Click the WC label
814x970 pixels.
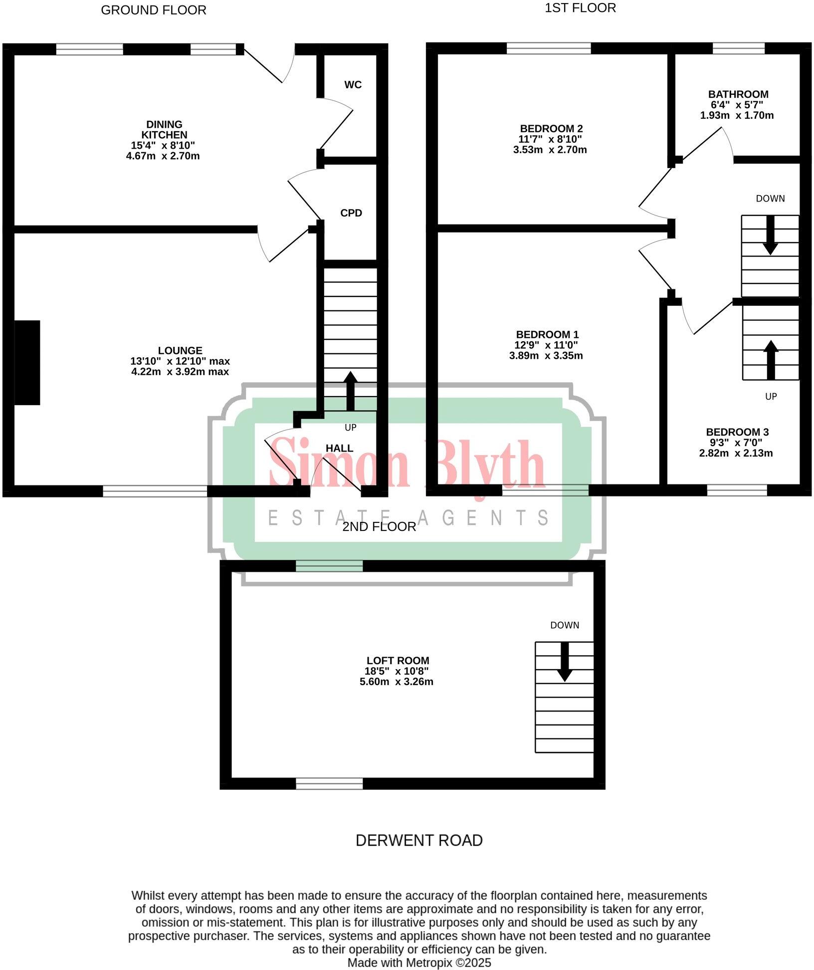[x=353, y=85]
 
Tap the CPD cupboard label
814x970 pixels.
[x=351, y=213]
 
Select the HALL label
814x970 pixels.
[x=339, y=448]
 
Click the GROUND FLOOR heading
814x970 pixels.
[x=154, y=10]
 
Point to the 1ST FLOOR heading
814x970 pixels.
[x=580, y=8]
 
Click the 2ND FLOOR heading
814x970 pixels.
[x=379, y=527]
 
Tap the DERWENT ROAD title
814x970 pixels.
[x=419, y=841]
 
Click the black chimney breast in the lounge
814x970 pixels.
[x=27, y=362]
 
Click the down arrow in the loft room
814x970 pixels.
[x=565, y=662]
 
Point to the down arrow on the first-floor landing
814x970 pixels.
[x=771, y=235]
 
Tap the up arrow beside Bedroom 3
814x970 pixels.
[x=771, y=360]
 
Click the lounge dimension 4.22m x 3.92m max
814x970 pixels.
[x=180, y=372]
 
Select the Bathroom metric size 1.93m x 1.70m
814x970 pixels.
[x=737, y=115]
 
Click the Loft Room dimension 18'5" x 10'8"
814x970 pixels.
[x=397, y=671]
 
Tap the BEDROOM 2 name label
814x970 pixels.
[x=551, y=129]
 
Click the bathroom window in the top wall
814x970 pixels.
[x=738, y=48]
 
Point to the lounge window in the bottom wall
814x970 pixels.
[x=155, y=491]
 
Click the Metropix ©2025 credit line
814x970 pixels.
[x=419, y=963]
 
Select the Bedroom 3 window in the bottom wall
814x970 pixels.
[x=737, y=490]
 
